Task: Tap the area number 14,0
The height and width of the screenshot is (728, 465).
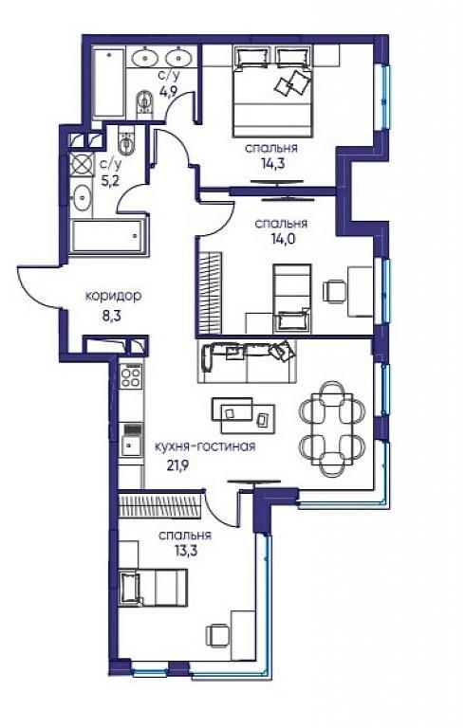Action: tap(281, 239)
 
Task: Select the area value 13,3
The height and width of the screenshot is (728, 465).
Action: tap(185, 551)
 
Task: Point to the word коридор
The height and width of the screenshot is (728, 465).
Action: tap(113, 296)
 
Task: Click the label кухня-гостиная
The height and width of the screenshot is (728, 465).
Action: tap(205, 446)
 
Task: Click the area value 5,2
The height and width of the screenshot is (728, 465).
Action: tap(110, 180)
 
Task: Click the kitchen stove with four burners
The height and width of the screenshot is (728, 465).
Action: tap(131, 376)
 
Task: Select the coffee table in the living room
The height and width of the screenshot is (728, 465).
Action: tap(243, 414)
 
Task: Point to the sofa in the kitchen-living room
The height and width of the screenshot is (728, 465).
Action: tap(247, 361)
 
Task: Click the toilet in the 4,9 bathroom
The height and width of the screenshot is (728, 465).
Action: tap(145, 104)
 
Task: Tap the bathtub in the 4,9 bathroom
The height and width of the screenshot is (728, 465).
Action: tap(109, 82)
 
